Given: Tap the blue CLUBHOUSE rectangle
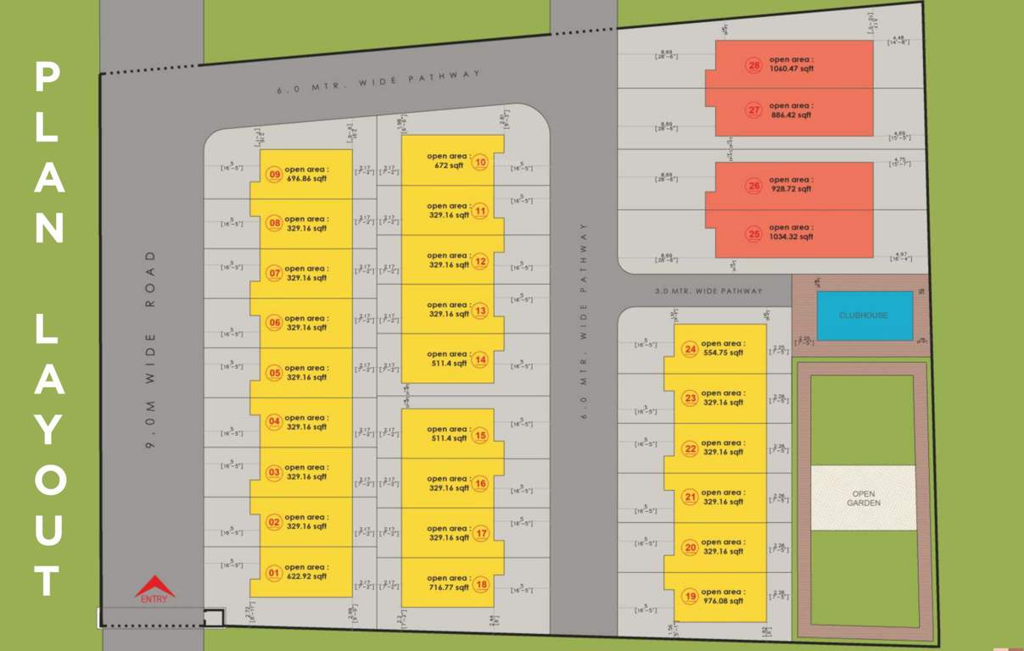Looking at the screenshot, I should coord(864,315).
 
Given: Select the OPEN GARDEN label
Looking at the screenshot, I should coord(863,498).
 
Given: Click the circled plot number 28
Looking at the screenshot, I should coord(753,65).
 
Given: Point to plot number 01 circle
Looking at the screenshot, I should coord(273,573).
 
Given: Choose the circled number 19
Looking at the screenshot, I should coord(690,597).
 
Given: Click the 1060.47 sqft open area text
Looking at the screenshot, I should coord(792,70).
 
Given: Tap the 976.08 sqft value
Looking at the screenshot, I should coord(723,601).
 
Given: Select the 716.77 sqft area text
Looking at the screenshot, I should coord(448,587).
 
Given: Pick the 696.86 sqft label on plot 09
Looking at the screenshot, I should coord(306,180).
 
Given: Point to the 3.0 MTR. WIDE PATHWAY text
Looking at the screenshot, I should coord(708,292).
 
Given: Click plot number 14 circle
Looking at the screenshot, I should coord(480,359).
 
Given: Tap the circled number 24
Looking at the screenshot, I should coord(690,349).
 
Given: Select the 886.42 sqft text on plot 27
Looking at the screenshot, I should coord(792,115).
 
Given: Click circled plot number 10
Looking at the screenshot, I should coord(480,162).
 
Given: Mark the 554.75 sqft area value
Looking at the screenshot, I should coord(723,353).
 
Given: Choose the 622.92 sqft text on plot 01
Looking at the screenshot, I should coord(306,576).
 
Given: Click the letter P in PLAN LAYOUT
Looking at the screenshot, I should coord(48,77).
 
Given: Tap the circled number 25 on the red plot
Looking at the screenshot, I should coord(753,233).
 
